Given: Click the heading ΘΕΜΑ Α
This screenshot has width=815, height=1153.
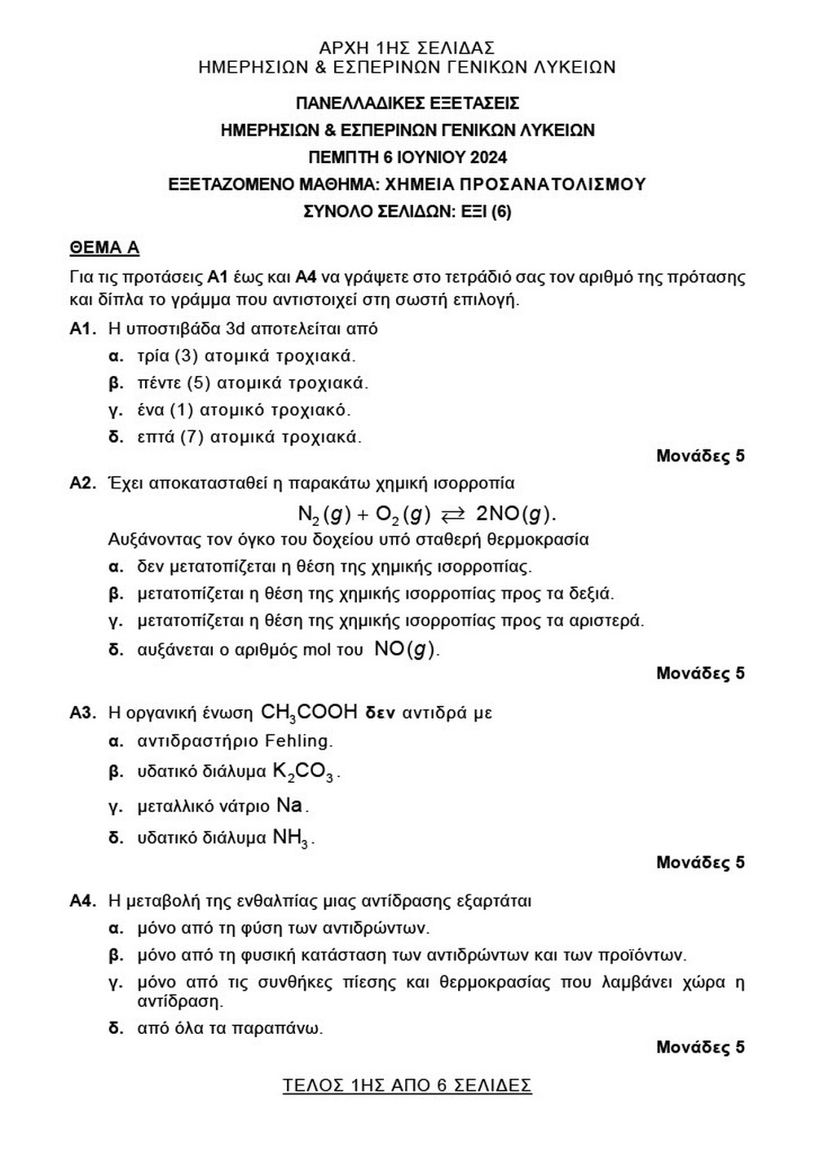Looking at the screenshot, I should (104, 248).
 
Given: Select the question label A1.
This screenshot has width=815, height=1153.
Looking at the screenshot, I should (83, 329).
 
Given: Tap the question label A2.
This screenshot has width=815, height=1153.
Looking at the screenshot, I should (83, 484).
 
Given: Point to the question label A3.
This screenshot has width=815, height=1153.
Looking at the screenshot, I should (83, 713).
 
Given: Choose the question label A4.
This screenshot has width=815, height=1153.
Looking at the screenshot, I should (83, 901).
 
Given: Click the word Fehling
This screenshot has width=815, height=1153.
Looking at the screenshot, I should (298, 741).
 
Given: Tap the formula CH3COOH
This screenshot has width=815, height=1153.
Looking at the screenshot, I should (309, 713).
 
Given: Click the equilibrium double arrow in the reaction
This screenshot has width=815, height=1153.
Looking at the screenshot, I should (452, 514).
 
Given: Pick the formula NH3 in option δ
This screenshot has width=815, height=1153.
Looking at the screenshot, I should (291, 837).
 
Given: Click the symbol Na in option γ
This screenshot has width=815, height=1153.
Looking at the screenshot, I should (289, 806).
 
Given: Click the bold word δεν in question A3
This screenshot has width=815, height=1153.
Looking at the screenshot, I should (380, 713).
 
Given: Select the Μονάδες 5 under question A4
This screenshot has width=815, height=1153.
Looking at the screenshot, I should (700, 1047).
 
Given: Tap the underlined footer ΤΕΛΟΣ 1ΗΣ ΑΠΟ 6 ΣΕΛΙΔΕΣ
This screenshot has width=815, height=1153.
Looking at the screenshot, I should (407, 1086).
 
